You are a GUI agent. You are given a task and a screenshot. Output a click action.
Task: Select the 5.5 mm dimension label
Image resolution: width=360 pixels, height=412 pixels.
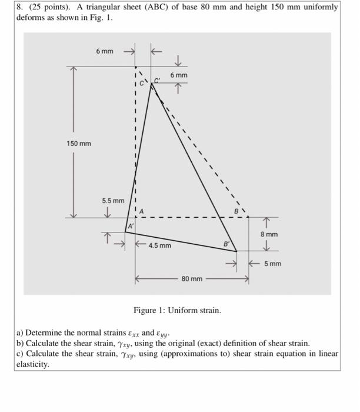point(113,201)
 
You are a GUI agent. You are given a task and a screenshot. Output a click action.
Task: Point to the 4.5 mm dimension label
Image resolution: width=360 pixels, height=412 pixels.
point(160,245)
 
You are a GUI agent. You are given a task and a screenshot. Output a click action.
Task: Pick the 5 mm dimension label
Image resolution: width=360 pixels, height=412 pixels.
point(272,264)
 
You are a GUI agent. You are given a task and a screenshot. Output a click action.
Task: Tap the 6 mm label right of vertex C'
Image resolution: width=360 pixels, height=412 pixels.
point(179,75)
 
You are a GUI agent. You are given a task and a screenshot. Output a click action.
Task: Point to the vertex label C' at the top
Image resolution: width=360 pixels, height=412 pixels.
point(157,79)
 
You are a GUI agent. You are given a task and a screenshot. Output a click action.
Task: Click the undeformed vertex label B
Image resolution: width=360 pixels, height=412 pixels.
point(237,210)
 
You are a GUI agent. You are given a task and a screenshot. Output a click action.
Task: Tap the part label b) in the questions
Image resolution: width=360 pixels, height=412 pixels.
point(21,343)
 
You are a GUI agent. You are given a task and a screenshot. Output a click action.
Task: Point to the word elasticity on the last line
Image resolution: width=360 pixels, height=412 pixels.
point(34,364)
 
